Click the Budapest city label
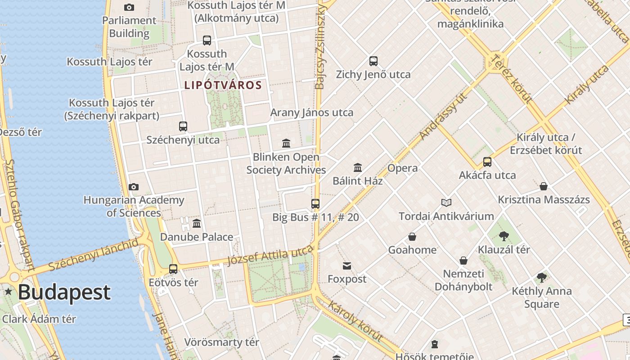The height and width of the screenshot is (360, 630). pyautogui.click(x=64, y=292)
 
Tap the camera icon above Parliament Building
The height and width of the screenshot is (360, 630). pyautogui.click(x=129, y=7)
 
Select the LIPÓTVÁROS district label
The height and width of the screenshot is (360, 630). pyautogui.click(x=223, y=85)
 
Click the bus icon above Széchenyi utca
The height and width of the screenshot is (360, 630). pyautogui.click(x=183, y=126)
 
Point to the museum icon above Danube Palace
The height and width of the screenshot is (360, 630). pyautogui.click(x=197, y=224)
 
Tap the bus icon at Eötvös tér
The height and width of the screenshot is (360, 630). pyautogui.click(x=173, y=269)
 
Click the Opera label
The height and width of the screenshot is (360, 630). pyautogui.click(x=402, y=168)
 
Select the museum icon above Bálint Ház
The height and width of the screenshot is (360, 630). pyautogui.click(x=358, y=168)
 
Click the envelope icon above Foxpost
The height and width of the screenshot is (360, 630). pyautogui.click(x=347, y=266)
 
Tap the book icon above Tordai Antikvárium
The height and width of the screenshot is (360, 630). pyautogui.click(x=446, y=203)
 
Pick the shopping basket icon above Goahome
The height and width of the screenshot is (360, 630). pyautogui.click(x=412, y=237)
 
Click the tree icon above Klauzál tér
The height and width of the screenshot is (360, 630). pyautogui.click(x=504, y=236)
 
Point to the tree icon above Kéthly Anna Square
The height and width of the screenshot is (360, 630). pyautogui.click(x=542, y=278)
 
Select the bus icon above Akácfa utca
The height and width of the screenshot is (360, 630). pyautogui.click(x=487, y=162)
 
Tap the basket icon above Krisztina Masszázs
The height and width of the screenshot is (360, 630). pyautogui.click(x=544, y=186)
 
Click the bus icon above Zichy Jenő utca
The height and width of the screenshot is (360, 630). pyautogui.click(x=373, y=61)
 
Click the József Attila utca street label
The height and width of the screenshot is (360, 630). pyautogui.click(x=270, y=256)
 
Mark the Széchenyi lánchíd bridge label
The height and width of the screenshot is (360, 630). pyautogui.click(x=94, y=255)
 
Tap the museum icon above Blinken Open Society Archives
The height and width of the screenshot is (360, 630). pyautogui.click(x=286, y=144)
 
